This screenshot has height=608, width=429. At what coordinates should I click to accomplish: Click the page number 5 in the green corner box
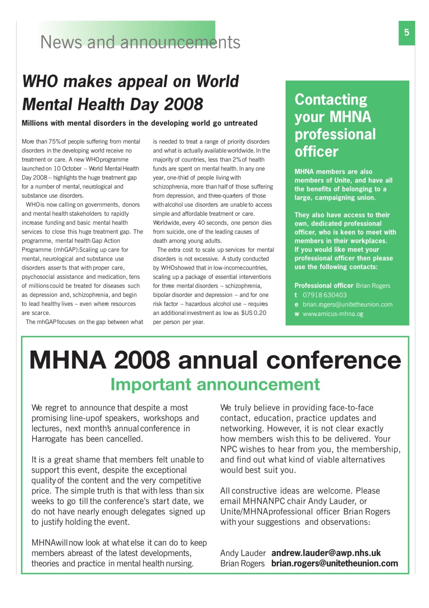pyautogui.click(x=407, y=33)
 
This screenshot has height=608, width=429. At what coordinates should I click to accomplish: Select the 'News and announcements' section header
pyautogui.click(x=140, y=42)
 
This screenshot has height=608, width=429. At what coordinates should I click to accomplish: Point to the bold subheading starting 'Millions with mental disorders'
pyautogui.click(x=140, y=123)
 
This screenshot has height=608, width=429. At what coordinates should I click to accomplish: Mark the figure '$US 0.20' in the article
pyautogui.click(x=254, y=313)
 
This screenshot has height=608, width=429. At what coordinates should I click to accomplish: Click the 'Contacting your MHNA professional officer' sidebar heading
pyautogui.click(x=335, y=125)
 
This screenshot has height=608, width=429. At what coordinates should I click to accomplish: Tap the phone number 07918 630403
pyautogui.click(x=324, y=295)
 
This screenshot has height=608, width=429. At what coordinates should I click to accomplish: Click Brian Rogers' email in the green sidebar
pyautogui.click(x=347, y=304)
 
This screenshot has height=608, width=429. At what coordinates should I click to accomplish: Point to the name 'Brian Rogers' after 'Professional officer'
pyautogui.click(x=373, y=285)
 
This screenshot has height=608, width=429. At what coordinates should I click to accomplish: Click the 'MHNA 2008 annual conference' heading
pyautogui.click(x=215, y=361)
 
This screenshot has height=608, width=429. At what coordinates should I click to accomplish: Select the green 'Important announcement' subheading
pyautogui.click(x=215, y=384)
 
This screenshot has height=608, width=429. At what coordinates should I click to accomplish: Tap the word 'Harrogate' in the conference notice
pyautogui.click(x=50, y=438)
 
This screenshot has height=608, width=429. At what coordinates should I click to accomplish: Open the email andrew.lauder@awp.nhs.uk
pyautogui.click(x=326, y=553)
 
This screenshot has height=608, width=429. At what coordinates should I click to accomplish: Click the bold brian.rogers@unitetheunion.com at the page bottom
pyautogui.click(x=334, y=563)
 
